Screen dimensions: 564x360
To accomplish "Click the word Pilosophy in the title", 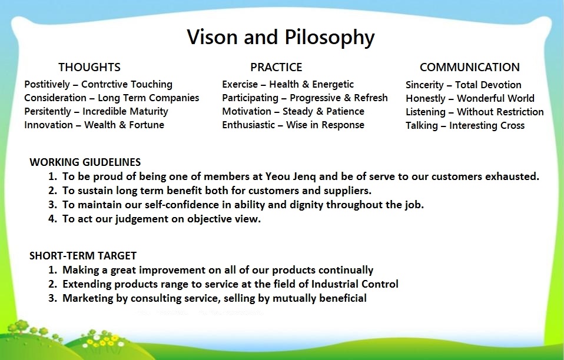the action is tap(330, 38).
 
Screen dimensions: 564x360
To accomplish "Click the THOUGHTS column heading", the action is tap(89, 67).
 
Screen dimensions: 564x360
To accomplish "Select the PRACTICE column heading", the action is tap(276, 67).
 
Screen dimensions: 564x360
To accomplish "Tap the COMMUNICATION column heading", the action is tap(469, 67).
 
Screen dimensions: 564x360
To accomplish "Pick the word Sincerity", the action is tap(425, 85).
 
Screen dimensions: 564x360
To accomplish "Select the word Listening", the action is tap(426, 112).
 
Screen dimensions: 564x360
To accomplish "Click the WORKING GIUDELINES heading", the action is tap(85, 162).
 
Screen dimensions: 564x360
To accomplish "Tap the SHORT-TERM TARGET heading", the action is tap(83, 255).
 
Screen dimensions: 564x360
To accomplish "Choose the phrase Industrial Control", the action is tap(354, 284).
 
